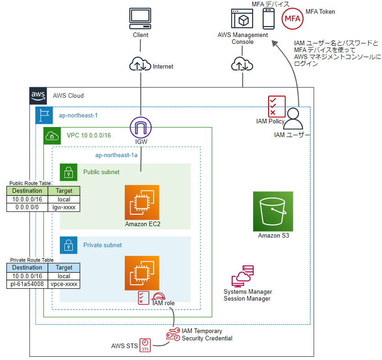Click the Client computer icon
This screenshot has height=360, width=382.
(x=140, y=19)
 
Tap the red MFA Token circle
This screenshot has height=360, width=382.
(x=292, y=19)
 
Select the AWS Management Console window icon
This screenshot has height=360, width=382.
(x=242, y=19)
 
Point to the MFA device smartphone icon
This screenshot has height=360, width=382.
(x=269, y=19)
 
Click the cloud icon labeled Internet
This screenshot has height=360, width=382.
(x=140, y=64)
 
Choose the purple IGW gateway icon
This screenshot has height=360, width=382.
(x=141, y=127)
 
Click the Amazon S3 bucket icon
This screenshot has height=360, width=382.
(x=273, y=211)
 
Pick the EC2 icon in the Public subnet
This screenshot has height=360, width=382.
(x=142, y=202)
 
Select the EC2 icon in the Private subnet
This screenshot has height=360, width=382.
(x=142, y=273)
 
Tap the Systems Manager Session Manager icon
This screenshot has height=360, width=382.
(x=243, y=276)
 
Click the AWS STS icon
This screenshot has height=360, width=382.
(x=145, y=345)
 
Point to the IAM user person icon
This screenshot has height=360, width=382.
(x=293, y=119)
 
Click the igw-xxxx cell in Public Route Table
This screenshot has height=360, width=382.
(x=64, y=207)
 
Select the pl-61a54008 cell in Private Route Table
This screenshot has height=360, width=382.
(x=27, y=284)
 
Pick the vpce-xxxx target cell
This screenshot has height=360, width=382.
(x=64, y=284)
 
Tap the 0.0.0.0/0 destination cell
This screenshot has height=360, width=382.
(x=27, y=207)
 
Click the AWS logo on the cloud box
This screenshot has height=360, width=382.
(x=38, y=96)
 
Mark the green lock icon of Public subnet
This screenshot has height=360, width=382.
(x=69, y=172)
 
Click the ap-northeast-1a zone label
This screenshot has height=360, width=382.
(x=116, y=155)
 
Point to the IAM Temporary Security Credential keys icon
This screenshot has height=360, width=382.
(x=173, y=334)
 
